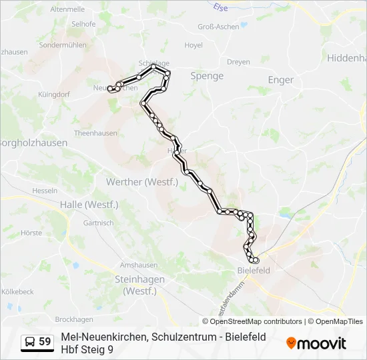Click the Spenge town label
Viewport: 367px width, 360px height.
click(x=207, y=76)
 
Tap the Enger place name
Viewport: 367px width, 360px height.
click(x=281, y=80)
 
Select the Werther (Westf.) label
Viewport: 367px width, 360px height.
click(x=151, y=182)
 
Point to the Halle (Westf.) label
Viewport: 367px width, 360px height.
click(x=89, y=205)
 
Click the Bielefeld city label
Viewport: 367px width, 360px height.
click(x=254, y=271)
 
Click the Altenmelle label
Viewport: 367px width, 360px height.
click(x=67, y=9)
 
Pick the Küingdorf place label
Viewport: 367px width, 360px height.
click(x=54, y=95)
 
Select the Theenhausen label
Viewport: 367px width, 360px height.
click(x=95, y=133)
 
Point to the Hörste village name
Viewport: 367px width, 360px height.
click(x=31, y=233)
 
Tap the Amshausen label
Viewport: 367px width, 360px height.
click(x=138, y=265)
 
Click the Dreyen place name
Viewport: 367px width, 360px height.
click(x=238, y=62)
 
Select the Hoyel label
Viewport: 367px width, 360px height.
click(x=194, y=45)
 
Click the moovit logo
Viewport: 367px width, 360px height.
click(x=316, y=343)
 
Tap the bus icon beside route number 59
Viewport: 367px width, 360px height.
click(x=30, y=342)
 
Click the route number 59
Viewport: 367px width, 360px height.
click(x=45, y=342)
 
